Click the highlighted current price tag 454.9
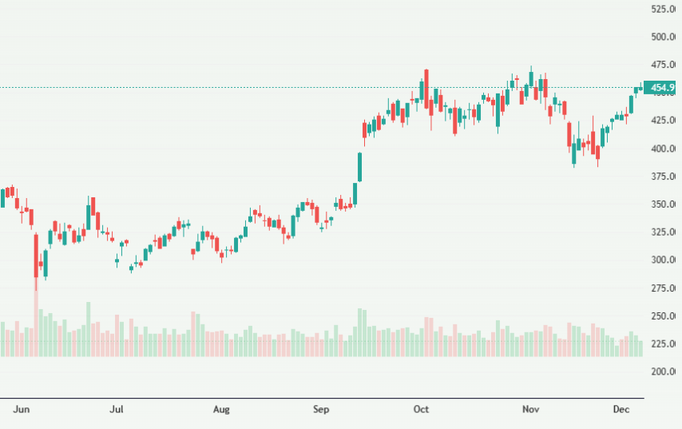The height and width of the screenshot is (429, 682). (662, 88)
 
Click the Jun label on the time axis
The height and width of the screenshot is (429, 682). (22, 410)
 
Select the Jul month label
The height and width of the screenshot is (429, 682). (117, 410)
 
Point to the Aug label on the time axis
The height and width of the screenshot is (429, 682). (221, 410)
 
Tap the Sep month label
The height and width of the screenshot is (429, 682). (321, 410)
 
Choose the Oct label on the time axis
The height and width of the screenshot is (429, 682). (421, 410)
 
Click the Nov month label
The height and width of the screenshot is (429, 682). (530, 410)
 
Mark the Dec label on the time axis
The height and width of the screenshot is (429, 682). (621, 410)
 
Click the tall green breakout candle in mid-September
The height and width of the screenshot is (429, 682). (360, 168)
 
